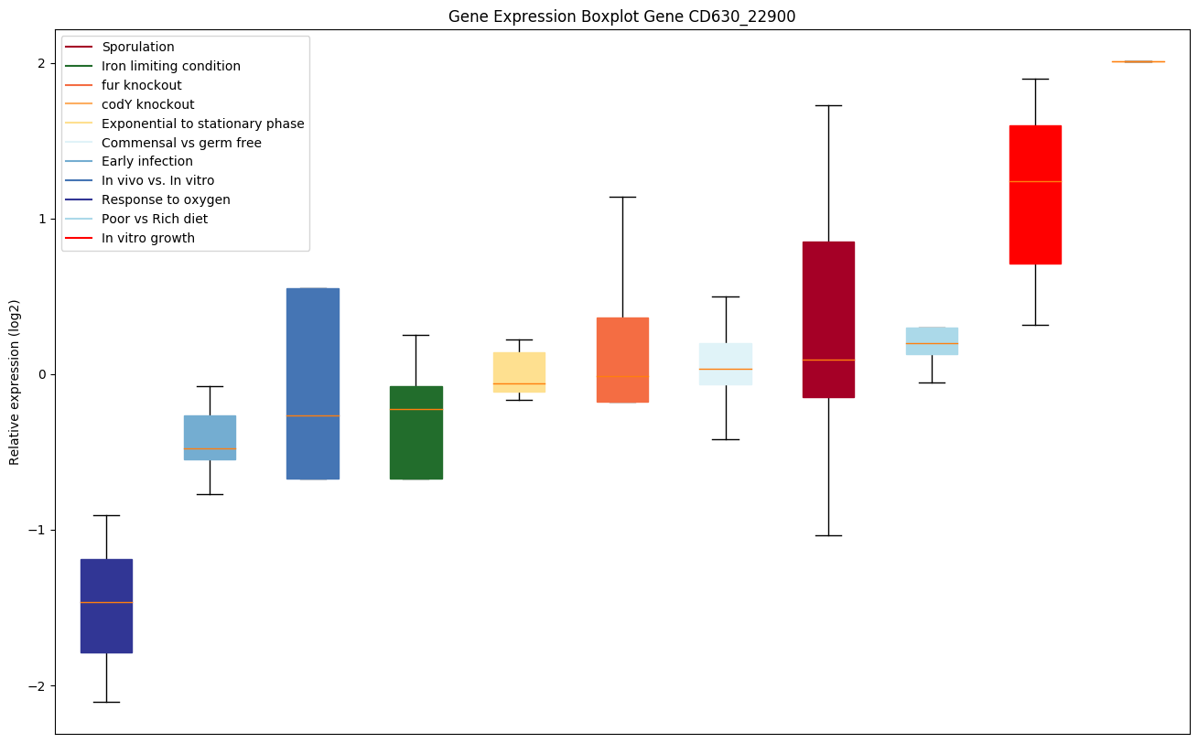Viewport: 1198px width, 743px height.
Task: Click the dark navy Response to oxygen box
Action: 106,606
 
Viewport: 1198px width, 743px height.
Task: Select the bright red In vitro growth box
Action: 1035,195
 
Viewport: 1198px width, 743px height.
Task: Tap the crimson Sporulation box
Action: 828,319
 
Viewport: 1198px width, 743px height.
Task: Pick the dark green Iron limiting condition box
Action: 416,433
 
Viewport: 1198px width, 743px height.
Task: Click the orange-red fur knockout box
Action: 622,360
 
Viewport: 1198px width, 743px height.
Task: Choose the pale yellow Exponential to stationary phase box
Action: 519,372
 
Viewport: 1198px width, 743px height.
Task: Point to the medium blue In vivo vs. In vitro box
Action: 313,383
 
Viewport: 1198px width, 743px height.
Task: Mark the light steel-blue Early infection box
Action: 210,437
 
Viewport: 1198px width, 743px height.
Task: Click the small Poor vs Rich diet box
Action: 932,341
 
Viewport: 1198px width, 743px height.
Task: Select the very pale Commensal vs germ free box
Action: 726,364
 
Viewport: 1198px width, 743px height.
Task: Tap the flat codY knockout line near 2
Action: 1138,61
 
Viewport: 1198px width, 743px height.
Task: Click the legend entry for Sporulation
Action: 138,47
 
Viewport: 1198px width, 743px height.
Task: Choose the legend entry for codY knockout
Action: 147,104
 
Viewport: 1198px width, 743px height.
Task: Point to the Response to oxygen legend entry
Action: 166,199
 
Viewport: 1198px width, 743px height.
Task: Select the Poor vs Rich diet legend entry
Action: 155,219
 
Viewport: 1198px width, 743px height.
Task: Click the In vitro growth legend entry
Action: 148,238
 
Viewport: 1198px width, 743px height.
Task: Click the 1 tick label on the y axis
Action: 40,219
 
